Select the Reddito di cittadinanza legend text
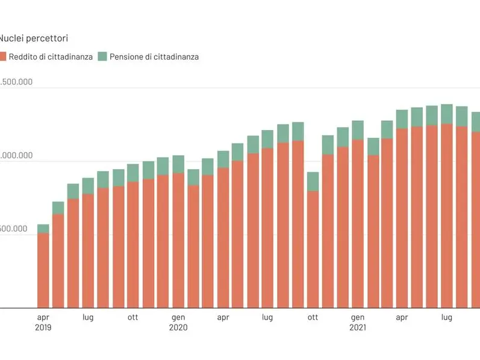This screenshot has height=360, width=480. [51, 57]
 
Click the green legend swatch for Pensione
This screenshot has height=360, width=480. [102, 57]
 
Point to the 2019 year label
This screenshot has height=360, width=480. [43, 328]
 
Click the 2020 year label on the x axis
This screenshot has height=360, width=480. [178, 328]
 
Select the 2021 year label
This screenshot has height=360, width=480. [358, 328]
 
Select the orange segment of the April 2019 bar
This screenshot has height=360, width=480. [43, 271]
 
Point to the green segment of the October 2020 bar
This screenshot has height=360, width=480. [313, 182]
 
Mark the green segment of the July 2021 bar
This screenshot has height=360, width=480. [447, 114]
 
